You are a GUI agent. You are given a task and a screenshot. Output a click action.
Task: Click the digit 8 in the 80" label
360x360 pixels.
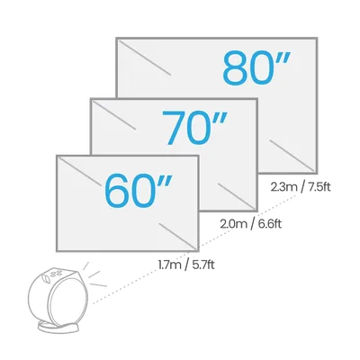coord(235,67)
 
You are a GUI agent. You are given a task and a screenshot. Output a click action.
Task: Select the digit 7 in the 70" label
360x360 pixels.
coord(174,127)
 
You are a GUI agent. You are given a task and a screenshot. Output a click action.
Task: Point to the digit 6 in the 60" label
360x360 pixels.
coord(116,191)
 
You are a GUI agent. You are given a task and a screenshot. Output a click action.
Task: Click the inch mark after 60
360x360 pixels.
coord(165,182)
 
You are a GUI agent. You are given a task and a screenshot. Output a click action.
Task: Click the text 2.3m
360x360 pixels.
coord(283,187)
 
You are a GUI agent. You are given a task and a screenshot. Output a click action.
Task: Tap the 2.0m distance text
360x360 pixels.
coord(233,224)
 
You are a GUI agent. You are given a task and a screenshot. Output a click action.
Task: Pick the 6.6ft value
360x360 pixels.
coord(269,224)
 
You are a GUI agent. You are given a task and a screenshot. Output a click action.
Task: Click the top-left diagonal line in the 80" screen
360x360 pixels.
coord(145,58)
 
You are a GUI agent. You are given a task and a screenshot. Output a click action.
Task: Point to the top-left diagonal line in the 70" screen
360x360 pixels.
coord(114,115)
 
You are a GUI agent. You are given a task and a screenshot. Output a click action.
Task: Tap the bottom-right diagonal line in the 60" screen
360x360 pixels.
coord(177,236)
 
